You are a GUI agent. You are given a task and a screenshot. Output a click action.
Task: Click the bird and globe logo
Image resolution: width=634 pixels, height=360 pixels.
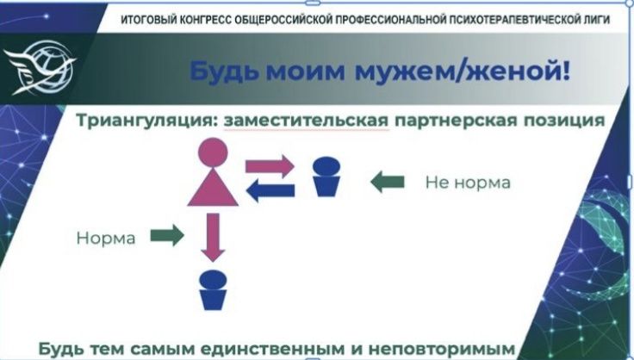(40, 68)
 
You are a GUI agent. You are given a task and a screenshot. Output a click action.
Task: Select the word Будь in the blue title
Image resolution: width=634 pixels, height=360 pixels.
(225, 71)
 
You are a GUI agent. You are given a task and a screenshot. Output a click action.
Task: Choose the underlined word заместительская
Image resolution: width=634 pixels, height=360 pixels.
(306, 121)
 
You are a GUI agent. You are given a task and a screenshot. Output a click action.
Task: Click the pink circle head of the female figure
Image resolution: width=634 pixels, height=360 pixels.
(213, 152)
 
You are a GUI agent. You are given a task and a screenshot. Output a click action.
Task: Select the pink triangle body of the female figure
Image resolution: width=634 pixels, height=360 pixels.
(213, 187)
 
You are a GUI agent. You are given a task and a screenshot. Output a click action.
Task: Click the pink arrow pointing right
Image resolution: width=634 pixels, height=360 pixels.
(270, 166)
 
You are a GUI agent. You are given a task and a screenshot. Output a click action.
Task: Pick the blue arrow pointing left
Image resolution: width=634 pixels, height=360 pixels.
(270, 189)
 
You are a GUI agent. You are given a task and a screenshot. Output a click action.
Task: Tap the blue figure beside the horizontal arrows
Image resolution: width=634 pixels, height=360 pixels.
(326, 177)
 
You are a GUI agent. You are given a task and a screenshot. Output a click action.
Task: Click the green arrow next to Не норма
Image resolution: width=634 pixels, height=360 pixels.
(388, 182)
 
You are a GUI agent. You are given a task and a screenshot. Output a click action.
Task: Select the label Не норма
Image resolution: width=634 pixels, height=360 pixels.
(468, 183)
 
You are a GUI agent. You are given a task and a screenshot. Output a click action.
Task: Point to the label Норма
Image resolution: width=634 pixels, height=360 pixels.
(106, 238)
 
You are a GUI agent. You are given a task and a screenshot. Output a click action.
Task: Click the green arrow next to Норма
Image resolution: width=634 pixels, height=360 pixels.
(167, 235)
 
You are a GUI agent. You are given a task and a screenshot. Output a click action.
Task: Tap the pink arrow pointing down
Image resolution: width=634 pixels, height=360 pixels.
(213, 238)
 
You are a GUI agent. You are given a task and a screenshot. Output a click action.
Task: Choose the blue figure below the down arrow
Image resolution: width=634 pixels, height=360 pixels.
(213, 290)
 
